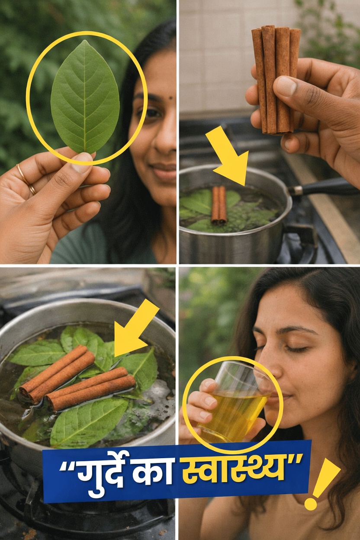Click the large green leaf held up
click(85, 97)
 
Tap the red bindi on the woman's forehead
click(172, 98)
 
